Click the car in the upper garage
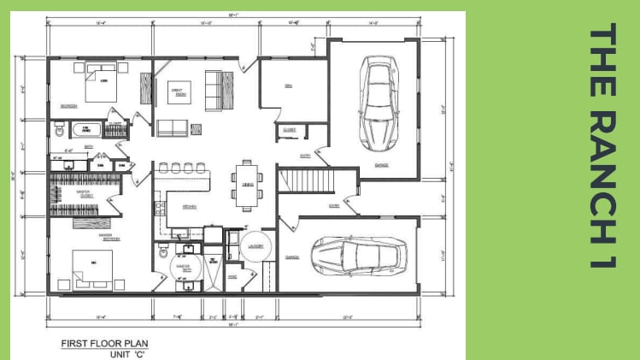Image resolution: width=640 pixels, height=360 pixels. pos(375,102)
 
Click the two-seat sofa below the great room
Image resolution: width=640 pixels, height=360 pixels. pos(173,127)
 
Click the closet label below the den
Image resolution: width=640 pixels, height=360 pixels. pos(289,130)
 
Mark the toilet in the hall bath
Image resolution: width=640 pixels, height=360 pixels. pos(58,131)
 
